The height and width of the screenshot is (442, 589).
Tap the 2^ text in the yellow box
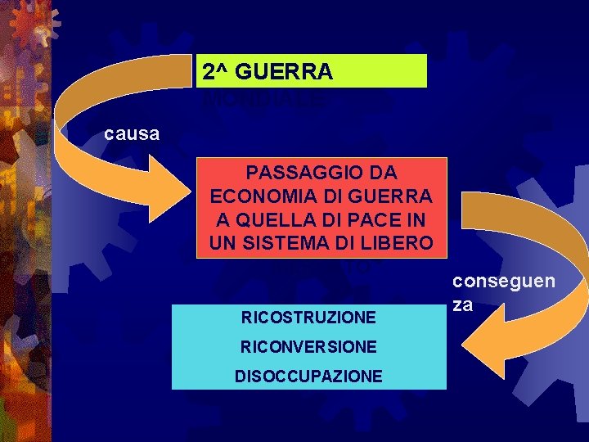pyautogui.click(x=217, y=73)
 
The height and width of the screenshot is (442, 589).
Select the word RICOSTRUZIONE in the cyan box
pyautogui.click(x=308, y=317)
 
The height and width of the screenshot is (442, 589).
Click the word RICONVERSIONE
pyautogui.click(x=308, y=346)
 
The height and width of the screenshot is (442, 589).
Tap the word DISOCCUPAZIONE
pyautogui.click(x=308, y=376)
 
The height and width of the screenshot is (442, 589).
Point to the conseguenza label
pyautogui.click(x=504, y=292)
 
